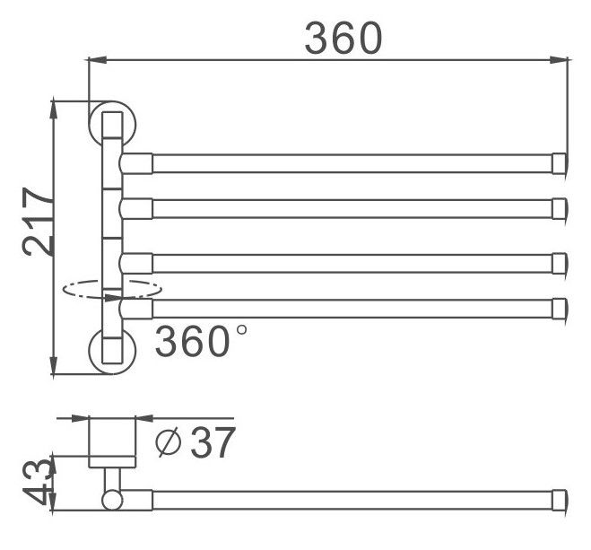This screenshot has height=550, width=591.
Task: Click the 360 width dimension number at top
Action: [343, 38]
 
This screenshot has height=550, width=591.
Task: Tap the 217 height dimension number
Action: [38, 222]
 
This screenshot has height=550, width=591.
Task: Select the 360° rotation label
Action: [201, 341]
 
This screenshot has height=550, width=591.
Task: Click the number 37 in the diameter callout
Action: [213, 442]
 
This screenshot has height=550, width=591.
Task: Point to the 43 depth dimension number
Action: [37, 481]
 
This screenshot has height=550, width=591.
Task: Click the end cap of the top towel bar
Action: [560, 163]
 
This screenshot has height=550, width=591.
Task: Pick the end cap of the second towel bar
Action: [560, 208]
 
